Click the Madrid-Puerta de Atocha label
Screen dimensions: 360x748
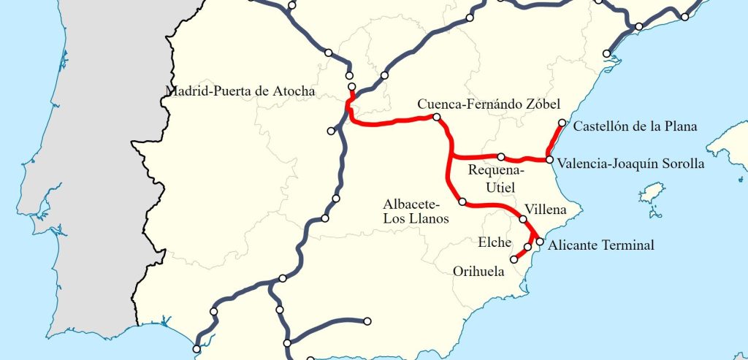point(240,92)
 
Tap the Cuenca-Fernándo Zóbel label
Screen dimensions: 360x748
point(489,104)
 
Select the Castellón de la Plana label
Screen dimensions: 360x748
point(635,126)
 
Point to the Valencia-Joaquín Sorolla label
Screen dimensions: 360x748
point(630,164)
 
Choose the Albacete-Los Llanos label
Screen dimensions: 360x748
point(416,210)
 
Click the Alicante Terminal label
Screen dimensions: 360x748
point(600,245)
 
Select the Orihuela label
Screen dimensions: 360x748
point(478,271)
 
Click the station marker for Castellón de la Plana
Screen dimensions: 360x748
point(561,123)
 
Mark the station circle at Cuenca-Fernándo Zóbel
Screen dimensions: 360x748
point(436,117)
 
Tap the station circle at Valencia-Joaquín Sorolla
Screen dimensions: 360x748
point(549,159)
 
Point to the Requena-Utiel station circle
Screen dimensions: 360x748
point(501,157)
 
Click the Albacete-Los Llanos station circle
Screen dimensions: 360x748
point(462,202)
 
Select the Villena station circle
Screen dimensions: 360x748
point(523,219)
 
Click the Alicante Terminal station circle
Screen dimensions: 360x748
point(540,241)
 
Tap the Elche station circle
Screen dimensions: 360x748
point(527,248)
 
